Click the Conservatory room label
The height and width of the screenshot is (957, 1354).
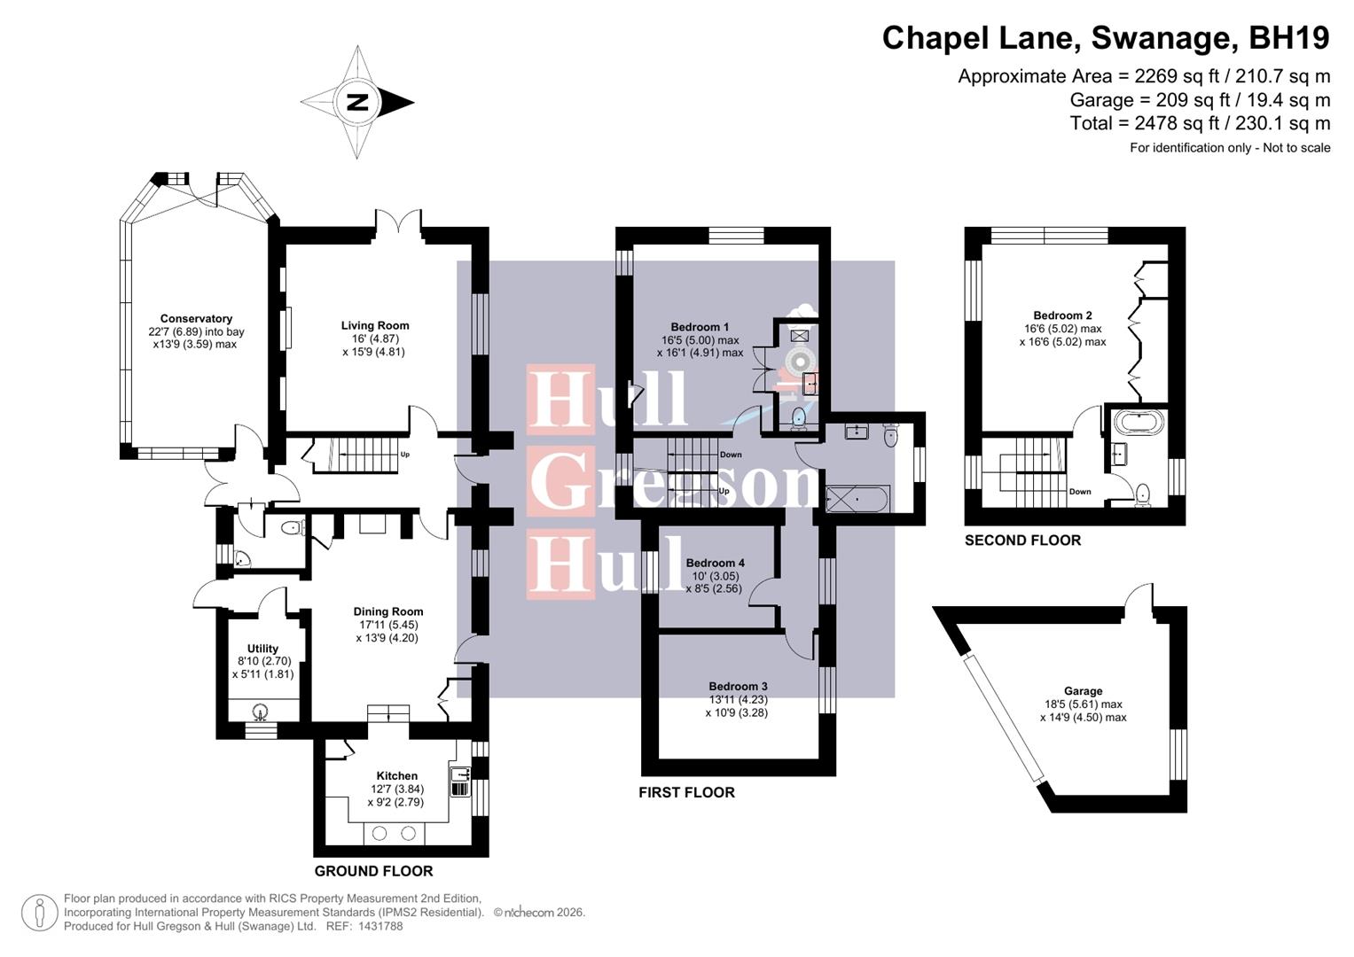tap(196, 319)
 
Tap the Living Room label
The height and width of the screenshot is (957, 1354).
tap(375, 325)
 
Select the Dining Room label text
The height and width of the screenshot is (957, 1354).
tap(387, 611)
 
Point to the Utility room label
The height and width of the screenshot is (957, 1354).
tap(262, 649)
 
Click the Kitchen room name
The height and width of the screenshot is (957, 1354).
tap(396, 775)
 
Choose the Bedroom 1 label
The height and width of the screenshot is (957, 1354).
tap(700, 327)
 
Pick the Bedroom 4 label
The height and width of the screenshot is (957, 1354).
tap(715, 563)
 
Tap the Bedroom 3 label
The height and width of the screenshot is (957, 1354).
tap(738, 686)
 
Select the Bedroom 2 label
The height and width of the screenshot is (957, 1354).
tap(1062, 315)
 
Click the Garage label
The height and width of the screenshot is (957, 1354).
tap(1083, 691)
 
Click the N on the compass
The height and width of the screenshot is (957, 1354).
tap(357, 103)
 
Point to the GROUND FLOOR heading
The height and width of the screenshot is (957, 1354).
tap(373, 871)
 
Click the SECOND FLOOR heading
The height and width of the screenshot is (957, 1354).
tap(1022, 541)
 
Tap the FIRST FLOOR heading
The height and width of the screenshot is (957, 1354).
tap(686, 792)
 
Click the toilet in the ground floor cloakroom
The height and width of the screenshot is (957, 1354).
tap(292, 528)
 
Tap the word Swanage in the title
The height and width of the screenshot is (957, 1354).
tap(1163, 38)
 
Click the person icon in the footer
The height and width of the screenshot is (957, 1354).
tap(40, 913)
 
